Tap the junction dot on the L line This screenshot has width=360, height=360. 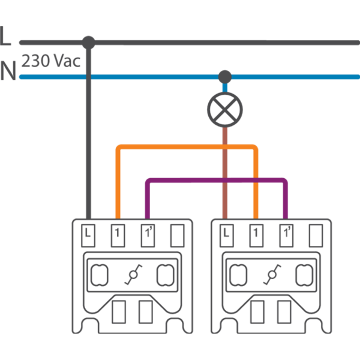(89, 42)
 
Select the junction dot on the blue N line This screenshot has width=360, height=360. (224, 76)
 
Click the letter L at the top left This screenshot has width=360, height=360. (6, 37)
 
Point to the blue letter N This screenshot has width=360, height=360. (8, 71)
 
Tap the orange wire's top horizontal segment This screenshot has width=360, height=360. (186, 146)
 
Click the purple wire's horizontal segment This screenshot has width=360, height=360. (216, 180)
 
